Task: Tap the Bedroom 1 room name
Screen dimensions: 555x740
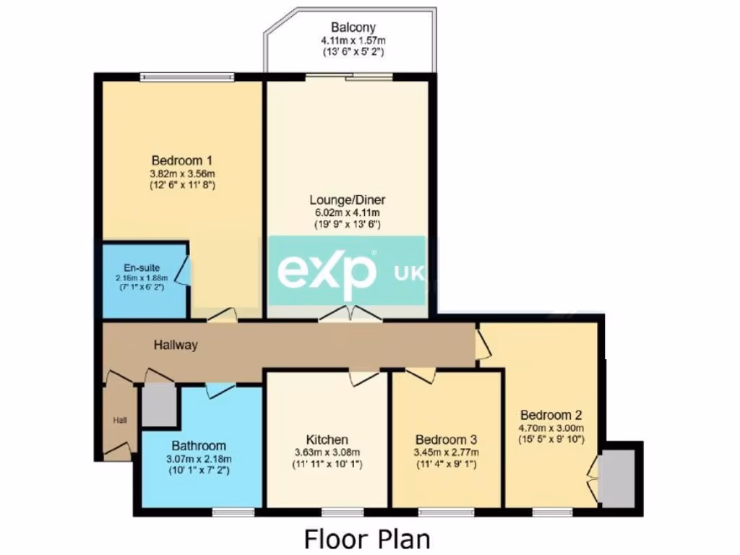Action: [181, 160]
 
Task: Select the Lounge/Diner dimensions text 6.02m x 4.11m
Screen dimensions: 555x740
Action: [345, 212]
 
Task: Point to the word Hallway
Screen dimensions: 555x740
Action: [175, 345]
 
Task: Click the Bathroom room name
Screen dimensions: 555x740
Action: [198, 446]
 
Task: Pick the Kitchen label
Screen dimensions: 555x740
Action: [327, 439]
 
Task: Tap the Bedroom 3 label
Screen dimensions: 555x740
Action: [445, 439]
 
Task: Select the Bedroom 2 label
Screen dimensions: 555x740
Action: [551, 416]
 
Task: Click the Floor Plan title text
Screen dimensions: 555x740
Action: [366, 538]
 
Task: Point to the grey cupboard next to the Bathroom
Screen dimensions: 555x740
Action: [158, 405]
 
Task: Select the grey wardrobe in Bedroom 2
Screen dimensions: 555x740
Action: [618, 478]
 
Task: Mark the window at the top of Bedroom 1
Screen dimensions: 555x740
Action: [186, 77]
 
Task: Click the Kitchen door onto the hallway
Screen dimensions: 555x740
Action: [363, 377]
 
